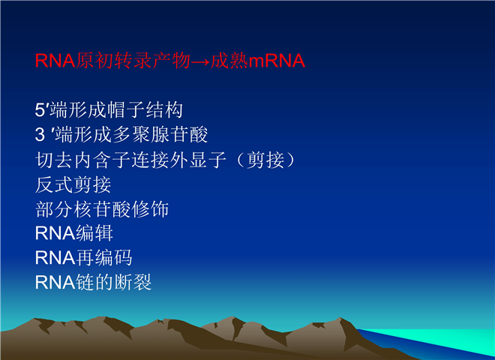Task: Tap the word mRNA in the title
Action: tap(277, 61)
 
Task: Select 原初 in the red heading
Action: tap(95, 60)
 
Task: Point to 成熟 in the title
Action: tap(229, 60)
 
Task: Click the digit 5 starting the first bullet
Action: tap(40, 110)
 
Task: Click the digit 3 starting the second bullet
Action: tap(40, 135)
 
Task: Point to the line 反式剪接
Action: tap(73, 184)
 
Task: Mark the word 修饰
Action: tap(150, 208)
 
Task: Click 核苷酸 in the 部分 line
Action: tap(102, 208)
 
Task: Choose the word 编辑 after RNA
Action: tap(94, 233)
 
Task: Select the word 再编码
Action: tap(103, 258)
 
